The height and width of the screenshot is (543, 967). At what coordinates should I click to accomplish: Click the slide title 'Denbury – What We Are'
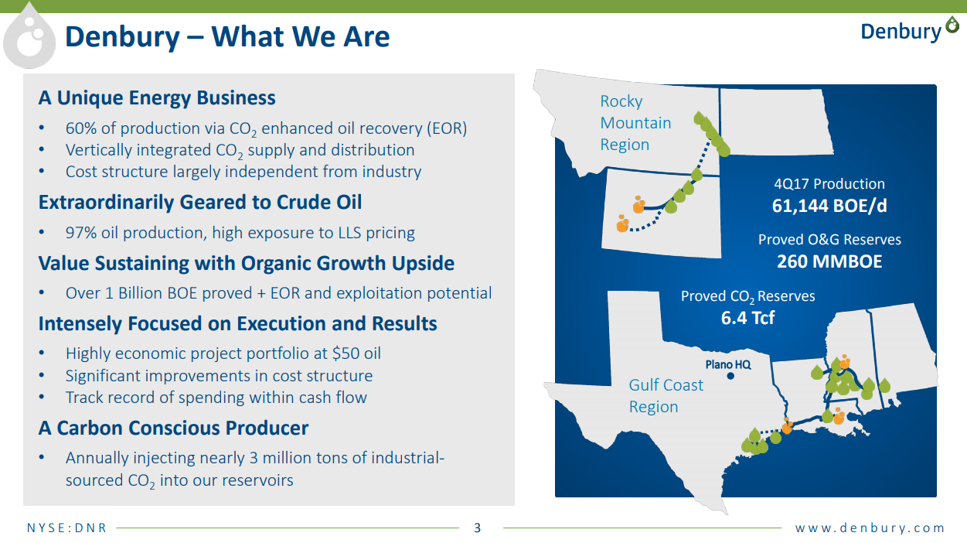click(x=227, y=36)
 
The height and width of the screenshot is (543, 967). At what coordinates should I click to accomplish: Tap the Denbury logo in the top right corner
click(x=910, y=30)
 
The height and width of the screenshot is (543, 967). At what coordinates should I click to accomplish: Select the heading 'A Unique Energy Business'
click(x=157, y=97)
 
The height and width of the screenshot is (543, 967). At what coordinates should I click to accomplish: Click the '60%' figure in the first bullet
click(x=80, y=128)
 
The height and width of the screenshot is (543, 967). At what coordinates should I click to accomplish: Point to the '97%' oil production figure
click(x=80, y=233)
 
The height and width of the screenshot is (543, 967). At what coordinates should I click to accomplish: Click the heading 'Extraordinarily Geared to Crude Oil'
click(x=200, y=202)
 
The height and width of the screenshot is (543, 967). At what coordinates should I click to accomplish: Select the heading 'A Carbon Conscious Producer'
click(x=174, y=428)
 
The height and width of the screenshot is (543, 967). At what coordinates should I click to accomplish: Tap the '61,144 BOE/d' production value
click(x=829, y=206)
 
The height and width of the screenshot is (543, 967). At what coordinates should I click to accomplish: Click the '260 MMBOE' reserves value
click(x=829, y=261)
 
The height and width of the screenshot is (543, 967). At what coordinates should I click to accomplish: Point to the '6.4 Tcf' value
click(x=747, y=318)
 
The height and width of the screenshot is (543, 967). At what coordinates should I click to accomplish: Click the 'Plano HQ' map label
click(x=728, y=364)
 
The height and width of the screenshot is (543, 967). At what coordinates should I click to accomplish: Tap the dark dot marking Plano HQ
click(x=730, y=376)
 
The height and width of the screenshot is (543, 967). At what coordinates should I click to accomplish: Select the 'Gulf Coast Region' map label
click(x=666, y=396)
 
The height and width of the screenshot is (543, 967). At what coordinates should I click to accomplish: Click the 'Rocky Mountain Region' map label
click(x=635, y=123)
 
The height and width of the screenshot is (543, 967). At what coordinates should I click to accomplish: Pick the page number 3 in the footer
click(x=477, y=528)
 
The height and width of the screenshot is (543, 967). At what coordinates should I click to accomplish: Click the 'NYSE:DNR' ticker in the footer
click(x=66, y=528)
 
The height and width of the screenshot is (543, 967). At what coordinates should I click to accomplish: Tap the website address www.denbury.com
click(x=870, y=528)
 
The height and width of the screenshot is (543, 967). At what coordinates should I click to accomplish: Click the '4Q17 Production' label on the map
click(x=829, y=184)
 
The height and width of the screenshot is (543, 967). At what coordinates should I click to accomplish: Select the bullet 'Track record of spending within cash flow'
click(x=216, y=398)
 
